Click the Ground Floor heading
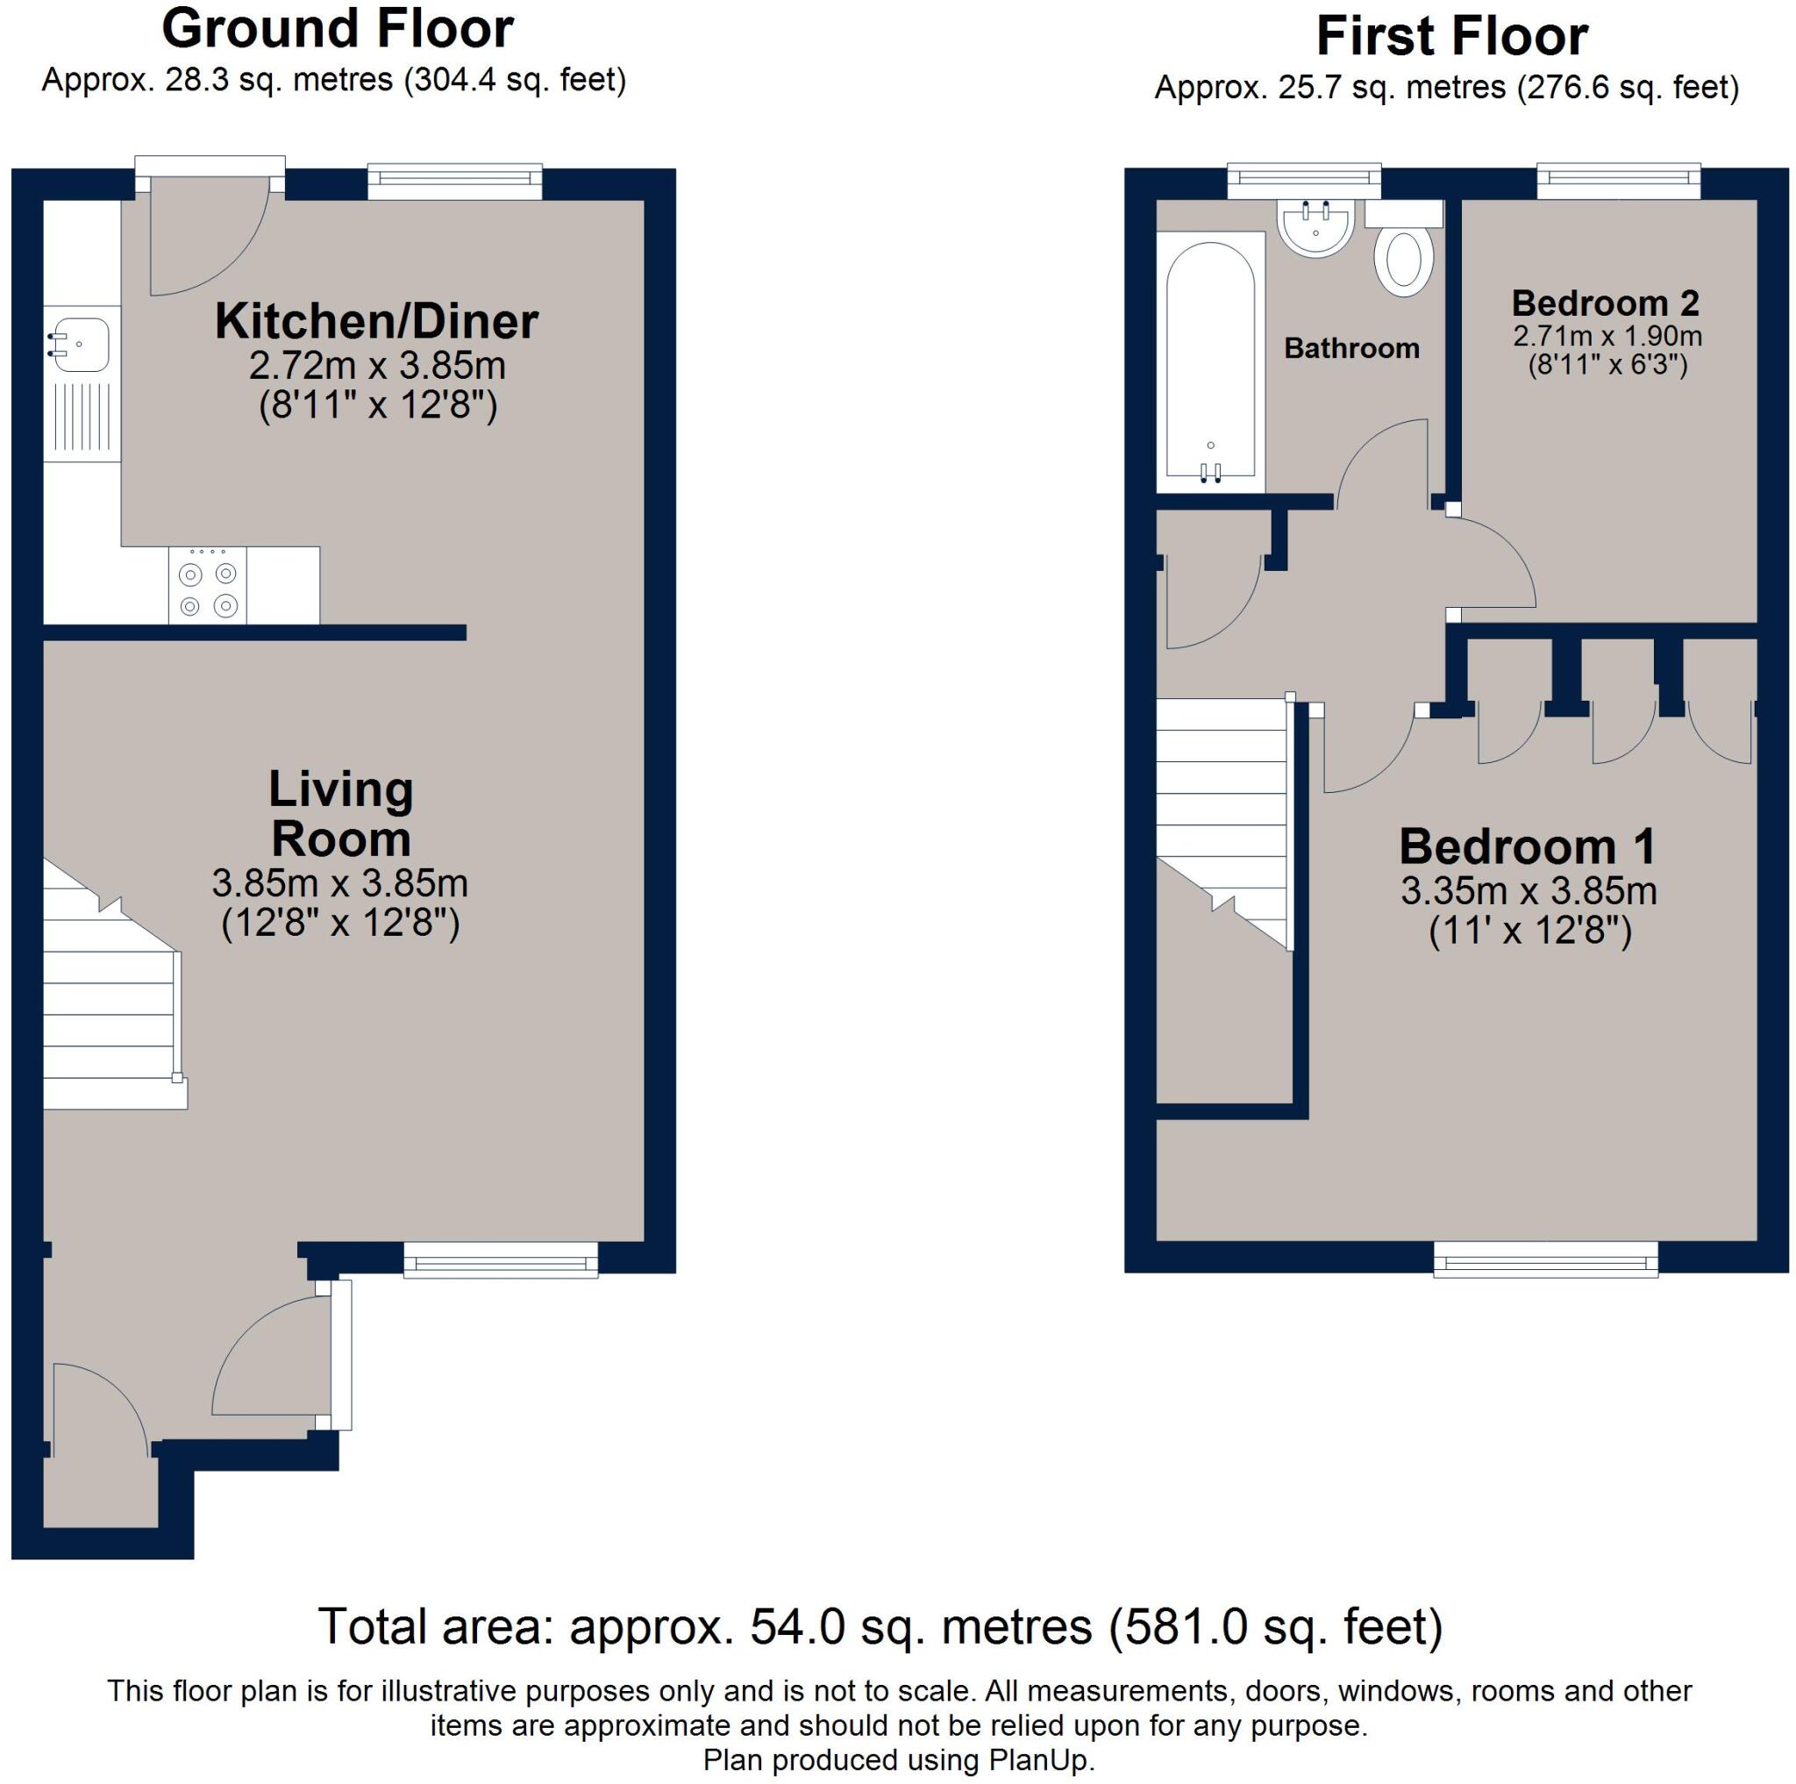pos(338,29)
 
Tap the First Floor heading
pos(1451,37)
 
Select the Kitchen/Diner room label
pos(376,322)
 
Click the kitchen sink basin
pos(82,345)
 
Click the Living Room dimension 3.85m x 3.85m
pos(340,882)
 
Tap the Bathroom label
pos(1351,348)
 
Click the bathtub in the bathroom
pos(1210,362)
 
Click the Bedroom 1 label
pos(1528,847)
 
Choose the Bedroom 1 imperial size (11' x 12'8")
pos(1530,931)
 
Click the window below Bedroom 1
pos(1545,1260)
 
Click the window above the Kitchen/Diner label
pos(454,182)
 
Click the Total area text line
pos(880,1626)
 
